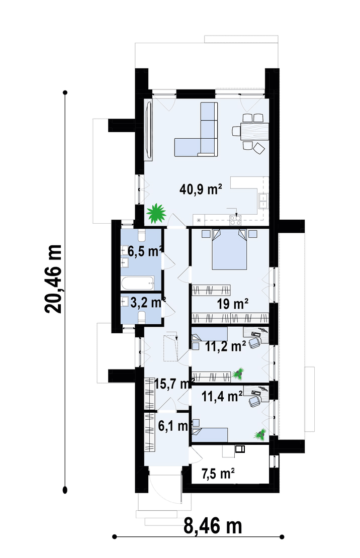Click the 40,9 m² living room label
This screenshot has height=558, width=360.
[x=201, y=189]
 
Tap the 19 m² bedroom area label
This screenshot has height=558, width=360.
[x=232, y=304]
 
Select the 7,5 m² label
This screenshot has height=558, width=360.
[x=218, y=474]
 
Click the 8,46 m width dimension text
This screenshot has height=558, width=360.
[x=213, y=526]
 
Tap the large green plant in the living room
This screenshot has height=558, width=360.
[x=156, y=213]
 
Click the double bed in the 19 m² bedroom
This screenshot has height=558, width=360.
[x=229, y=250]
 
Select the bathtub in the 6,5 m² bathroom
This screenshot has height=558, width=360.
[x=138, y=284]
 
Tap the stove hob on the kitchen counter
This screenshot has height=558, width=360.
[x=235, y=220]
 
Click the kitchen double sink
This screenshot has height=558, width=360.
[x=263, y=201]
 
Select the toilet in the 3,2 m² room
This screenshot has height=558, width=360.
[x=142, y=317]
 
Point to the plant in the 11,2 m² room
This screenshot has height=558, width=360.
[x=238, y=374]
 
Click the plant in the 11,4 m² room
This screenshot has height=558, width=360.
[x=260, y=434]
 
